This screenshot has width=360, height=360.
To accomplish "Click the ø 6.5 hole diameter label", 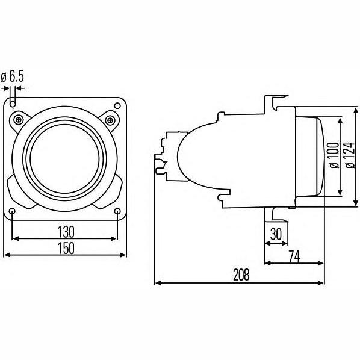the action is click(13, 76).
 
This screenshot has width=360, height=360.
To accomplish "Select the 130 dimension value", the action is click(66, 232).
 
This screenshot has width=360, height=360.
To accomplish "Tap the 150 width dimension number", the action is click(66, 248).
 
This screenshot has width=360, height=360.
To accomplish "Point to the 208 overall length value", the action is click(241, 275).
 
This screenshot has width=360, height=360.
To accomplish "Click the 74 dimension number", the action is click(294, 256).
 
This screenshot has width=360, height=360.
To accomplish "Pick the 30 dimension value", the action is click(276, 234).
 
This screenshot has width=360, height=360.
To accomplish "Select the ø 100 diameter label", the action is click(334, 155).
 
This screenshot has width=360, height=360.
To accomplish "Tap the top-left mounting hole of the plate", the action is click(13, 105).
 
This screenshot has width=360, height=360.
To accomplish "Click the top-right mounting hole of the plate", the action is click(117, 106).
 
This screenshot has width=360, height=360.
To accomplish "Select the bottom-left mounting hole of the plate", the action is click(13, 211).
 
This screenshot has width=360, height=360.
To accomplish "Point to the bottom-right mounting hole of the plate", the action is click(117, 211).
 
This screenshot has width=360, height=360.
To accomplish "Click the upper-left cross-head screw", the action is click(19, 120).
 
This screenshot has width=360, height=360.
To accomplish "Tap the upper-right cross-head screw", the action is click(110, 120).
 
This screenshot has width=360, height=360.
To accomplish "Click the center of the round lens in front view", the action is click(65, 159).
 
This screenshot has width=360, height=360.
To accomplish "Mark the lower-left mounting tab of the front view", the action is click(19, 193).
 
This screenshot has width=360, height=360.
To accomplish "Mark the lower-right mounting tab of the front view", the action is click(110, 193).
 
